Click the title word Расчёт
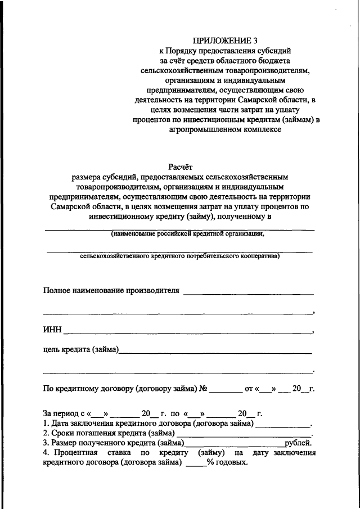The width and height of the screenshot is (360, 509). click(180, 166)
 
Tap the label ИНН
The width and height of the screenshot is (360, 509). click(52, 330)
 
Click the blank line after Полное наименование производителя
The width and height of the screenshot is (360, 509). click(248, 294)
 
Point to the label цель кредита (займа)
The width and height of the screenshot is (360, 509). click(81, 350)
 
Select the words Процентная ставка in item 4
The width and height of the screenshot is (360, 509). click(82, 453)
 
